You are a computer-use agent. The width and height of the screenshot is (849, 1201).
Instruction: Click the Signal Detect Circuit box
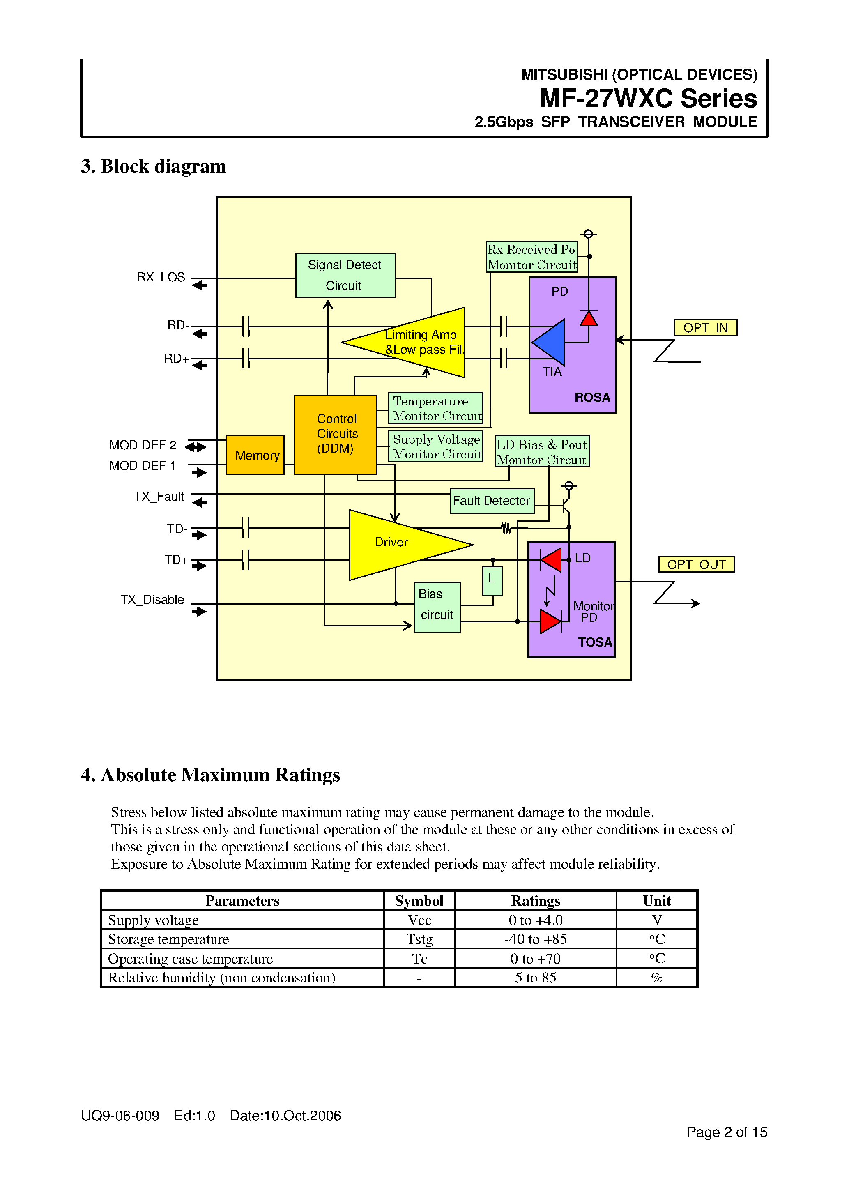(345, 275)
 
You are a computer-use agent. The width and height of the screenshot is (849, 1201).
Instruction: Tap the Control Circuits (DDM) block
(335, 434)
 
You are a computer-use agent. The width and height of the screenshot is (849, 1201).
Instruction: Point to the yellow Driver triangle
(392, 544)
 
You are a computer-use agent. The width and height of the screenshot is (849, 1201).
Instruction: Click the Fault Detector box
(492, 501)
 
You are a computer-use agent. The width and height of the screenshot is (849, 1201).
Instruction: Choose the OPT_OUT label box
(696, 564)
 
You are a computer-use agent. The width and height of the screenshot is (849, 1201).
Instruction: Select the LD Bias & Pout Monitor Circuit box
(542, 451)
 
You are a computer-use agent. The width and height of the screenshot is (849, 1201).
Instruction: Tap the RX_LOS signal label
(161, 277)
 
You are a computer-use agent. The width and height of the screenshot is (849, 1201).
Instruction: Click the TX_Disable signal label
(152, 599)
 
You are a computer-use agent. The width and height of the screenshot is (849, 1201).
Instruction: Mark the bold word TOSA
(595, 642)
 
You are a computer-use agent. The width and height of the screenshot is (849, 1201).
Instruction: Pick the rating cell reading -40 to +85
(535, 939)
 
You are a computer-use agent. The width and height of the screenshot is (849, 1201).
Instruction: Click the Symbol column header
(419, 901)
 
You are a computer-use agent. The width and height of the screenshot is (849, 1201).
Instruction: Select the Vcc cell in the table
(419, 920)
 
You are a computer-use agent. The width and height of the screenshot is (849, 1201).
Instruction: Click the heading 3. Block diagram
(153, 166)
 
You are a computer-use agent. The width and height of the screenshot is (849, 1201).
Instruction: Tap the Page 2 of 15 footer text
(727, 1132)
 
